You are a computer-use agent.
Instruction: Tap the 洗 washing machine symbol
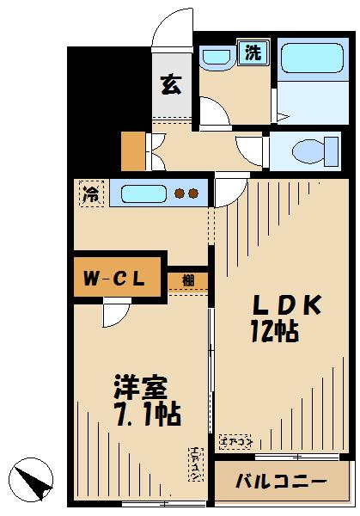point(254,52)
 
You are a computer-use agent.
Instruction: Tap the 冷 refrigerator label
point(90,194)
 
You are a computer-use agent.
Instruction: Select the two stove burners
point(187,193)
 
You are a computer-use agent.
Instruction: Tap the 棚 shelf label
point(187,279)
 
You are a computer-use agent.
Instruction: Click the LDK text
point(286,305)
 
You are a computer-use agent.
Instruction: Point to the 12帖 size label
point(275,332)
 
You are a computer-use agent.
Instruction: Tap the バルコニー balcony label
point(282,481)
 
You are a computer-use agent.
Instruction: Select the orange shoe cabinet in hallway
point(133,152)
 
